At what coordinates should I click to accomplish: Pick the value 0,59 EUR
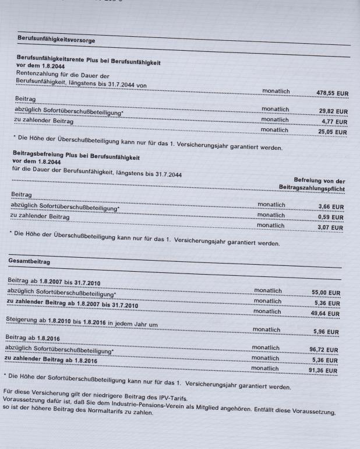329,217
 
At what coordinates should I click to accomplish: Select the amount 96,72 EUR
325,350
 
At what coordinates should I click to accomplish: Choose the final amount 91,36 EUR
325,371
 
